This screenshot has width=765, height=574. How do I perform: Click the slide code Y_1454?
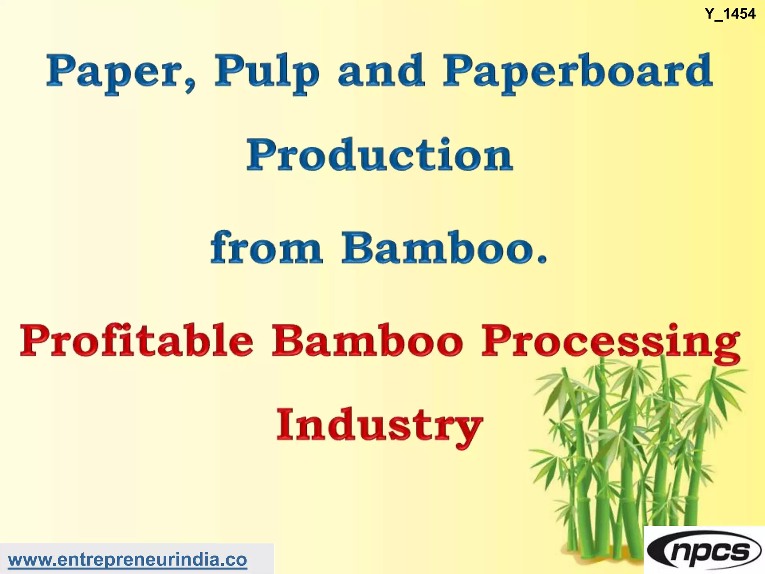click(730, 14)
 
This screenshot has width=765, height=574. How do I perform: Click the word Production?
click(380, 155)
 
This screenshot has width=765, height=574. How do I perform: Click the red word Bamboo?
click(368, 340)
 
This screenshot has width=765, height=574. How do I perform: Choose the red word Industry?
click(380, 426)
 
